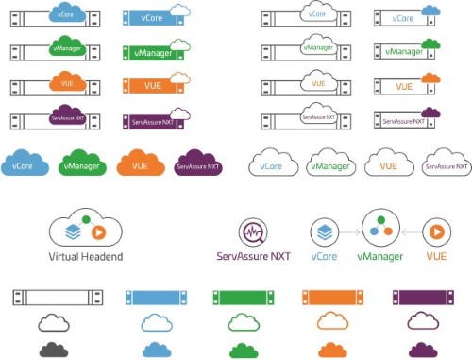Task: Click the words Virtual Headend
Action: point(86,257)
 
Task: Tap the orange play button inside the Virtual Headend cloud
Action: point(99,232)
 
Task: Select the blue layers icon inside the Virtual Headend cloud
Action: point(73,232)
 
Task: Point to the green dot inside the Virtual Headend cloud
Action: point(86,220)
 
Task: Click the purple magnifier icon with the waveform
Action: point(253,232)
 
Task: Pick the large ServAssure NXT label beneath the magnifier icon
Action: point(253,256)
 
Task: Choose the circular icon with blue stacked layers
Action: point(325,232)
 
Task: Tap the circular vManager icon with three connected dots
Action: point(380,228)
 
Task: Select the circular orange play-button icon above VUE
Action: point(437,232)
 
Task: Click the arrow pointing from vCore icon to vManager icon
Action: point(350,232)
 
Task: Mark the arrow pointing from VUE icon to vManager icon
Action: point(412,232)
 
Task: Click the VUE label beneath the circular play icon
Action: point(436,256)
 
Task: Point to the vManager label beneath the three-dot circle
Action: point(380,257)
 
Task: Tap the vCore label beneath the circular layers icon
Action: point(324,256)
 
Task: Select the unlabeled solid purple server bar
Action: point(423,298)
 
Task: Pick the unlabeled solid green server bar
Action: point(244,298)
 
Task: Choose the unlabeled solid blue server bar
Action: point(156,298)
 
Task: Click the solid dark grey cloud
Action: point(54,350)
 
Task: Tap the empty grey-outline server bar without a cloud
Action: point(58,298)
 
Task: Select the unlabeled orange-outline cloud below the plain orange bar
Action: point(332,321)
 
